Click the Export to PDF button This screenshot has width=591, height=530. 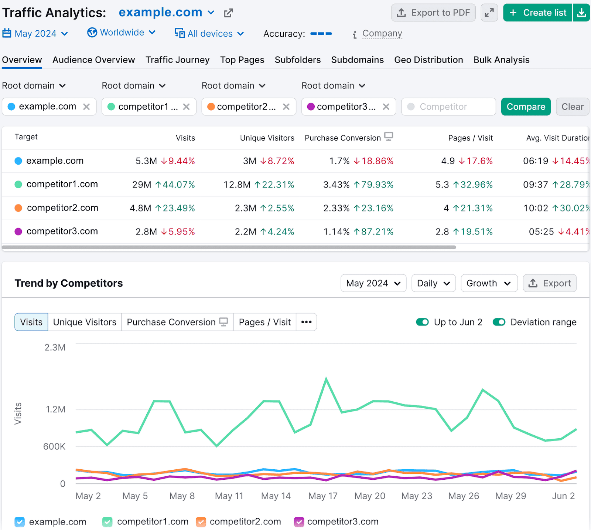click(433, 13)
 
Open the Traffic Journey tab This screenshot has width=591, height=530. click(177, 60)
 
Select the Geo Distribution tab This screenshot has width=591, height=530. click(428, 60)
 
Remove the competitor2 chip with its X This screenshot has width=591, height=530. click(286, 107)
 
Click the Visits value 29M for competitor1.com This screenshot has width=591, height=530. click(141, 185)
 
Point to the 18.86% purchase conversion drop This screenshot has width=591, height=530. click(373, 161)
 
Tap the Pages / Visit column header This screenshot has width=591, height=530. click(470, 138)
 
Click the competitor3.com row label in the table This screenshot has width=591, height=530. click(62, 232)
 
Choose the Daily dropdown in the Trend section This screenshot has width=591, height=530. click(433, 283)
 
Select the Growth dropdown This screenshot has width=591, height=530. click(489, 283)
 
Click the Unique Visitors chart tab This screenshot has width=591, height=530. click(85, 322)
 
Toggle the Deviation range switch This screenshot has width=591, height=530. click(499, 322)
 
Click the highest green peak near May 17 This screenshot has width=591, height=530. click(326, 378)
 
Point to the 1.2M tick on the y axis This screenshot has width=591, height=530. click(55, 409)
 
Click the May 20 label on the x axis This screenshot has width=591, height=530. click(370, 496)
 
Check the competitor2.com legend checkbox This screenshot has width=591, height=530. click(201, 522)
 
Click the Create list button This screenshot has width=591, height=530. click(538, 13)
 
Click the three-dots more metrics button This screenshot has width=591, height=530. click(306, 322)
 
